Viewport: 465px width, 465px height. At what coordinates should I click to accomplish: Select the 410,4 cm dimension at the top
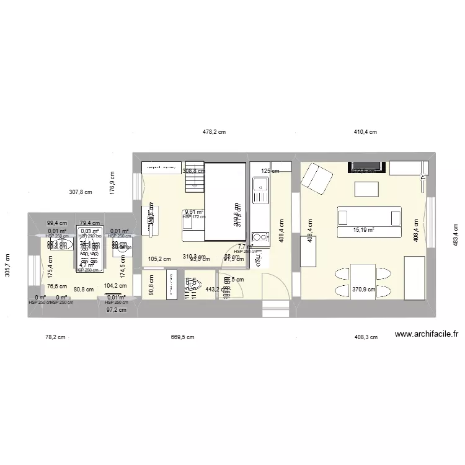[x=365, y=132]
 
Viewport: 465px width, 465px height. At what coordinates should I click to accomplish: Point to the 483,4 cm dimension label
[x=455, y=233]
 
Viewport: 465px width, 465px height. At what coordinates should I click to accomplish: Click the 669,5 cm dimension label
[x=182, y=338]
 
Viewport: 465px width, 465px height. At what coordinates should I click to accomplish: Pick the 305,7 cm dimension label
[x=7, y=265]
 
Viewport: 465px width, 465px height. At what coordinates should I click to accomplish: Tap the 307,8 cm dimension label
[x=81, y=192]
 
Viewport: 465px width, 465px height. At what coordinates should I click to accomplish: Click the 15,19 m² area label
[x=365, y=230]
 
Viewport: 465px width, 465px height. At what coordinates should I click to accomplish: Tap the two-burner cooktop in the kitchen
[x=260, y=237]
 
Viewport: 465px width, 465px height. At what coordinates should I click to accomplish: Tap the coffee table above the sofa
[x=366, y=188]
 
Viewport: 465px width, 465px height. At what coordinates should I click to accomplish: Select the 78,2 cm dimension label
[x=55, y=338]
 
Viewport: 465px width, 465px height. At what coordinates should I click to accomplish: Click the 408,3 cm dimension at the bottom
[x=366, y=338]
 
